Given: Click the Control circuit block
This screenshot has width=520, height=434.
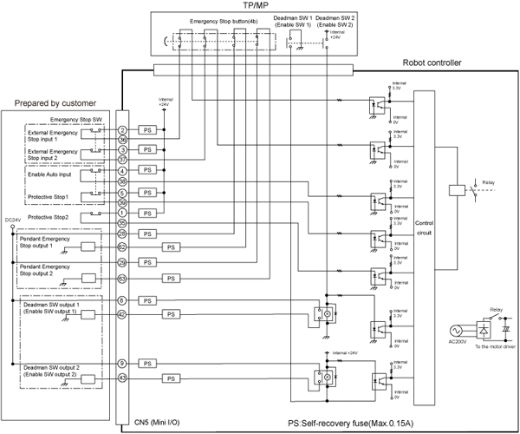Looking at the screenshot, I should pyautogui.click(x=425, y=227).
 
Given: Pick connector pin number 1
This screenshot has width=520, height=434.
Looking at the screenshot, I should pyautogui.click(x=124, y=214).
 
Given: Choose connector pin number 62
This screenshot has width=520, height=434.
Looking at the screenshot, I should pyautogui.click(x=124, y=247).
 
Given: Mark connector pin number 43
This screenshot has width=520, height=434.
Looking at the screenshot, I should pyautogui.click(x=124, y=378).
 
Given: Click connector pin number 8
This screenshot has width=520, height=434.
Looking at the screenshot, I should pyautogui.click(x=124, y=300).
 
